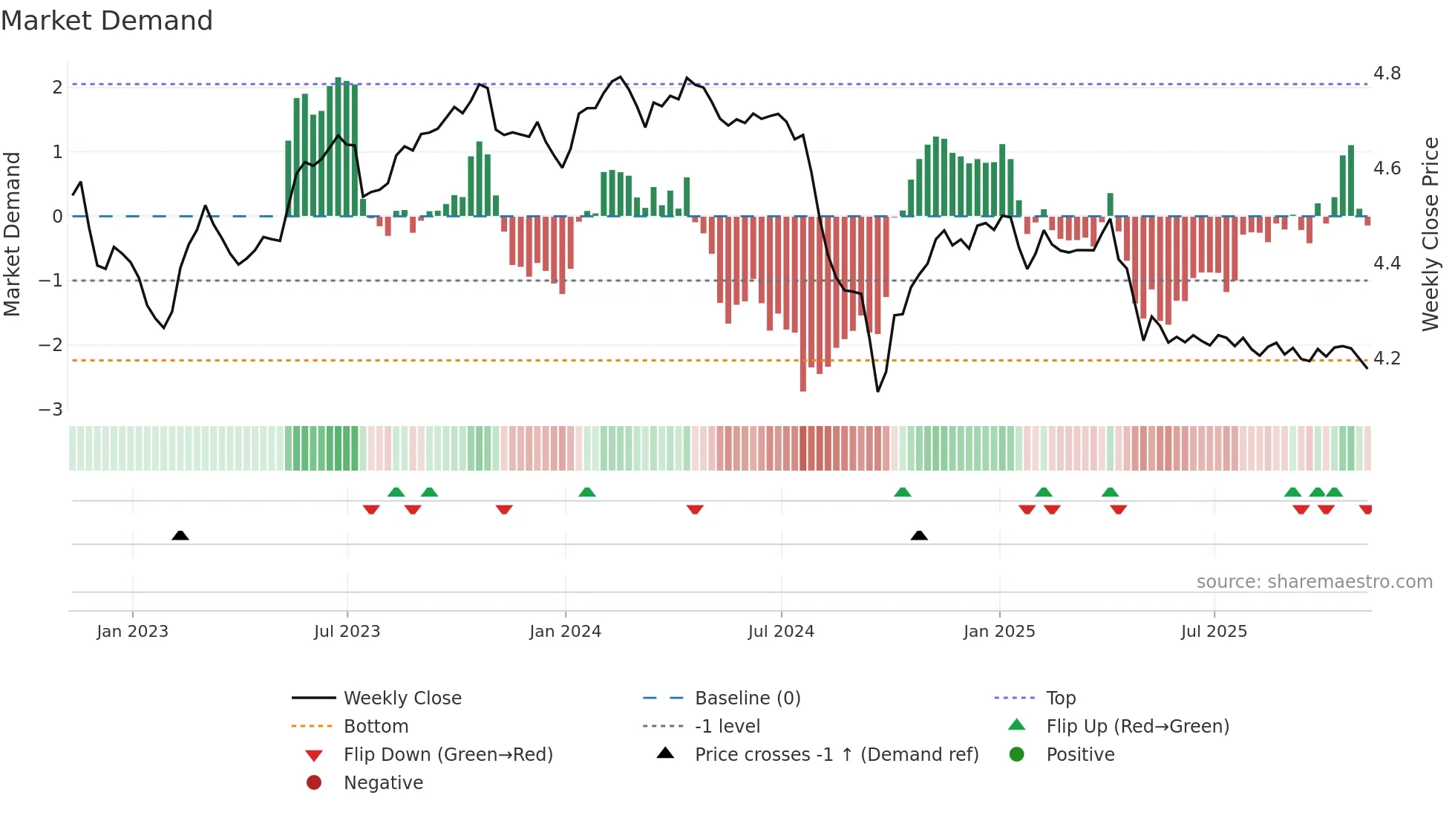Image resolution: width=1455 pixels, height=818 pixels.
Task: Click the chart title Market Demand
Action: tap(107, 21)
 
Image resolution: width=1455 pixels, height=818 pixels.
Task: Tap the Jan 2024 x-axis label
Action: tap(565, 632)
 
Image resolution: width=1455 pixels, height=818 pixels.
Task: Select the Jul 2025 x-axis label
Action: tap(1214, 632)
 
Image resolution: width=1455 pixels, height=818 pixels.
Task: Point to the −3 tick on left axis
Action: tap(51, 410)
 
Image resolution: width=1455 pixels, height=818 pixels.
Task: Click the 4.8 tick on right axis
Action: tap(1387, 73)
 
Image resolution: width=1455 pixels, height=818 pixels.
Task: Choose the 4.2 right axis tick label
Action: tap(1387, 359)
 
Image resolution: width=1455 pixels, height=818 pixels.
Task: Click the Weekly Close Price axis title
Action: tap(1430, 234)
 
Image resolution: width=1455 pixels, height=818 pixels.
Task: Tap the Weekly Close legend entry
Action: tap(402, 698)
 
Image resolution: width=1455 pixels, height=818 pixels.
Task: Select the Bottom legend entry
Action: tap(376, 727)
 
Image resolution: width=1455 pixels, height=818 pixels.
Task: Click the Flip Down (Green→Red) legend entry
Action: tap(448, 755)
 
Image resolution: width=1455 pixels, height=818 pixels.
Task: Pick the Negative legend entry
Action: tap(383, 783)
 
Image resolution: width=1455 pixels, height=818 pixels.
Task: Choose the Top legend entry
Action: tap(1061, 698)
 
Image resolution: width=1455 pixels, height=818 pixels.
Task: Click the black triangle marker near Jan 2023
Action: tap(180, 535)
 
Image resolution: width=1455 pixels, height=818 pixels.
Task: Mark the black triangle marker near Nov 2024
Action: tap(919, 535)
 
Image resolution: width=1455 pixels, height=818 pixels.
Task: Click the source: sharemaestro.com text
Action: tap(1314, 582)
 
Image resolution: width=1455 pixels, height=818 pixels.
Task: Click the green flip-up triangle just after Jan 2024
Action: tap(587, 492)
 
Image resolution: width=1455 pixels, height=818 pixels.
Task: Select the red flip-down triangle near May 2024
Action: tap(695, 509)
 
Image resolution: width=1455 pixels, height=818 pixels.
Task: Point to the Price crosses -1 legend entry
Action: tap(836, 755)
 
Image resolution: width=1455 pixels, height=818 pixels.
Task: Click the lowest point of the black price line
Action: tap(878, 391)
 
